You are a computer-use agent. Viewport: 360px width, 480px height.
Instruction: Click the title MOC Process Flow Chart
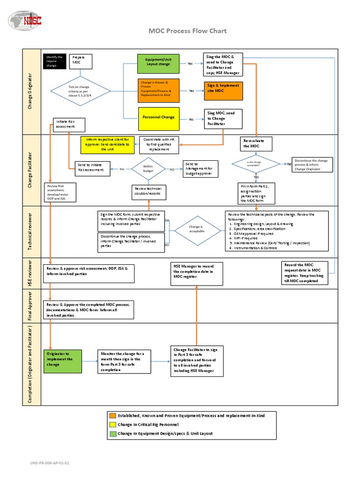click(x=187, y=31)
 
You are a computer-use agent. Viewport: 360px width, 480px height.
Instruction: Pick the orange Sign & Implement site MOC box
click(x=223, y=90)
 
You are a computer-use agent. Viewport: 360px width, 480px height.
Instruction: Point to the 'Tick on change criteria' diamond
click(x=81, y=91)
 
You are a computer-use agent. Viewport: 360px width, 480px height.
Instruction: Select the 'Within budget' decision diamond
click(x=148, y=169)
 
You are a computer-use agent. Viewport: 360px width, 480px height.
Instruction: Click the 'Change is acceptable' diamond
click(x=197, y=229)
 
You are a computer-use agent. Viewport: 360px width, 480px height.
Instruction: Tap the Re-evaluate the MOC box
click(x=255, y=143)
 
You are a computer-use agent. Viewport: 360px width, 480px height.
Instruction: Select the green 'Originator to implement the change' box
click(x=62, y=361)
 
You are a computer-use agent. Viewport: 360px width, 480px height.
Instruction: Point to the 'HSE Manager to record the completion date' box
click(x=197, y=273)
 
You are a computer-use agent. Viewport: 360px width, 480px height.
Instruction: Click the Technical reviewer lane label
click(x=31, y=232)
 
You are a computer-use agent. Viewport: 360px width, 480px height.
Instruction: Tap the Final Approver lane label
click(x=31, y=306)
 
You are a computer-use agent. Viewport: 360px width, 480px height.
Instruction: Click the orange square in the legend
click(x=113, y=415)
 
